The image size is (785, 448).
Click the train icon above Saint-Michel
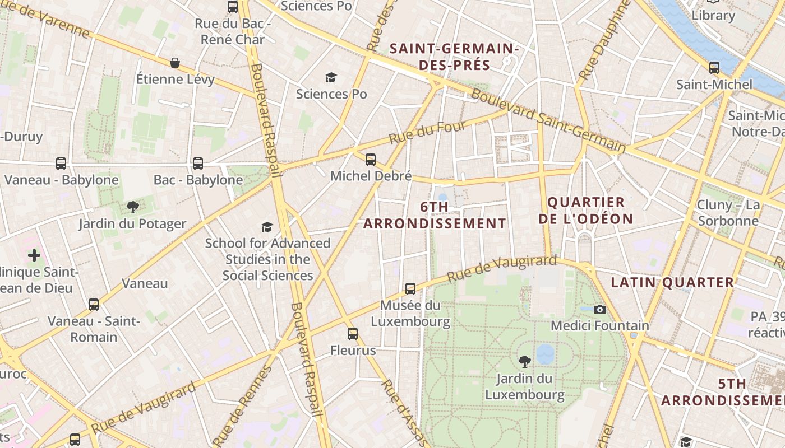714,68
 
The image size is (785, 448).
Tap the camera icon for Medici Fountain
599,309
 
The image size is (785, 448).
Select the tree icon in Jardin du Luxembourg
525,361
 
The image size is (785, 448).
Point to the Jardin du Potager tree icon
132,207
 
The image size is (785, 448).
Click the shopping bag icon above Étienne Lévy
175,62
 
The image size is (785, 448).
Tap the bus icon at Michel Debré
370,160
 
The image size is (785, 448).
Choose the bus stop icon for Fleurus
352,334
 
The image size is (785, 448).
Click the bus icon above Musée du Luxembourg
410,289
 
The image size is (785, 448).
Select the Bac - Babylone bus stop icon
198,164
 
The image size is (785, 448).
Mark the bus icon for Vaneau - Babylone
61,164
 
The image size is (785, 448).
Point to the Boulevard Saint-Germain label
548,121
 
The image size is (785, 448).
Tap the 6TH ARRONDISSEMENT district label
435,215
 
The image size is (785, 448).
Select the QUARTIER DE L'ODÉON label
585,211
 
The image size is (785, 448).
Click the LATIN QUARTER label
672,283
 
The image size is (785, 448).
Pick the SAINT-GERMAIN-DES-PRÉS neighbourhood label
454,57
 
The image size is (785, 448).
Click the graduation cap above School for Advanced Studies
267,227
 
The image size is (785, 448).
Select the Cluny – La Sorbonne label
728,213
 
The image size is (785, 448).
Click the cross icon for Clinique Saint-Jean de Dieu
34,255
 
